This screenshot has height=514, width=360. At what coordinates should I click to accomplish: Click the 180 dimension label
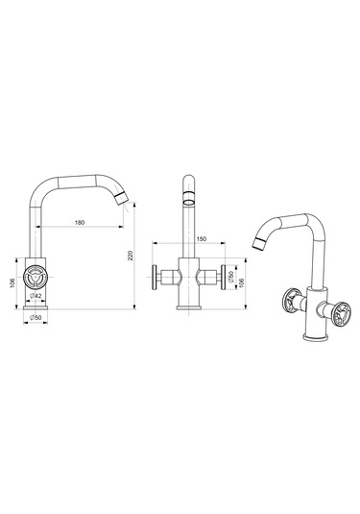click(x=80, y=223)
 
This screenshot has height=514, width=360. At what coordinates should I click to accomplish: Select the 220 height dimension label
click(x=131, y=256)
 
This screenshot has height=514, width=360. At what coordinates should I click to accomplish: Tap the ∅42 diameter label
click(x=36, y=296)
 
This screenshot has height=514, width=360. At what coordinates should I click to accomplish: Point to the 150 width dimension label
click(x=202, y=239)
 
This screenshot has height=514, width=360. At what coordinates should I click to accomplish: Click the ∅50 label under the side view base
click(x=36, y=317)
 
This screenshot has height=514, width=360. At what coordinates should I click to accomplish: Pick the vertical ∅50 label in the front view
click(x=231, y=277)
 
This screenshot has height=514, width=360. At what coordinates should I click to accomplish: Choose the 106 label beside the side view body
click(x=12, y=283)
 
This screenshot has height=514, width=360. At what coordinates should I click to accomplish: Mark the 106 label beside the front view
click(x=242, y=283)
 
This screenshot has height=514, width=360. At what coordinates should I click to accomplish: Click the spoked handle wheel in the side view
click(x=36, y=278)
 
